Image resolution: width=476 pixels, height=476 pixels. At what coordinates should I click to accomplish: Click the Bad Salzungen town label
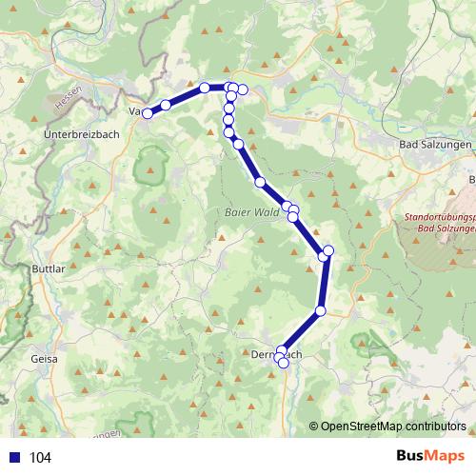coord(433,143)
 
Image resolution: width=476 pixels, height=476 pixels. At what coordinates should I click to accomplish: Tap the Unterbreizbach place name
coord(82,136)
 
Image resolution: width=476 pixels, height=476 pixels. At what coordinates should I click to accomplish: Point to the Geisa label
coord(45,359)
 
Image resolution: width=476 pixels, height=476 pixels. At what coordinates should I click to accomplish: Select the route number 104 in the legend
coord(41,458)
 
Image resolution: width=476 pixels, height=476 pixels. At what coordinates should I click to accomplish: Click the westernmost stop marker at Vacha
coord(148,113)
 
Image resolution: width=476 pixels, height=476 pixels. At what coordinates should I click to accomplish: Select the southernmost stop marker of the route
coord(283,363)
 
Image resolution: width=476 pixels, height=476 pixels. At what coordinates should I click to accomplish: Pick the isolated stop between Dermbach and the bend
coord(321,311)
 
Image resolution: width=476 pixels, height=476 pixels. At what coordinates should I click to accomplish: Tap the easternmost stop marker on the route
coord(328,250)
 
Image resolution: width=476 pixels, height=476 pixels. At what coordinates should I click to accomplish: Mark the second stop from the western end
coord(166,105)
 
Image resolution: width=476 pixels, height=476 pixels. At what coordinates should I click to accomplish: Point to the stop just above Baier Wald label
coord(260,181)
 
